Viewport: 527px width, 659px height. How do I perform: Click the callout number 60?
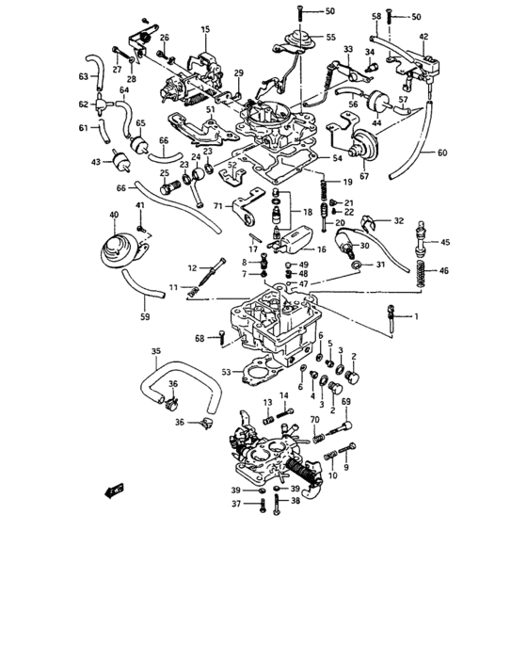point(442,152)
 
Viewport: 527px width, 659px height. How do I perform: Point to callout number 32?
point(399,221)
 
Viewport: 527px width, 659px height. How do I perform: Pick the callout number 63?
point(83,76)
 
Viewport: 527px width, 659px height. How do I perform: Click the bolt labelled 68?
point(221,336)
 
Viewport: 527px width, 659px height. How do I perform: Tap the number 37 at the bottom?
point(239,505)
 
